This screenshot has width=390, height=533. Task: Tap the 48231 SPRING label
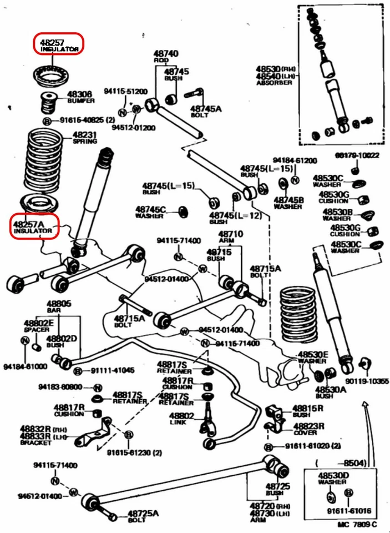[x=85, y=137]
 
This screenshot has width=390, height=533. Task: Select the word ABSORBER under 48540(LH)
[x=274, y=83]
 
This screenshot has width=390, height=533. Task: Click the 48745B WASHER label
[x=288, y=203]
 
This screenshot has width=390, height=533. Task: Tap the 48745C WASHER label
[x=151, y=212]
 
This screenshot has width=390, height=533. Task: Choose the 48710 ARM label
[x=230, y=237]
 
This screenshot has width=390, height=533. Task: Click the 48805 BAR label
[x=58, y=306]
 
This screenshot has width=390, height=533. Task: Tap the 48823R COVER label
[x=309, y=429]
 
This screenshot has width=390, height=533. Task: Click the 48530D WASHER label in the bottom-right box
[x=333, y=479]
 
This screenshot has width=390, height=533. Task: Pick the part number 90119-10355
[x=367, y=381]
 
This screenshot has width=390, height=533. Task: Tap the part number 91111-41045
[x=113, y=370]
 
